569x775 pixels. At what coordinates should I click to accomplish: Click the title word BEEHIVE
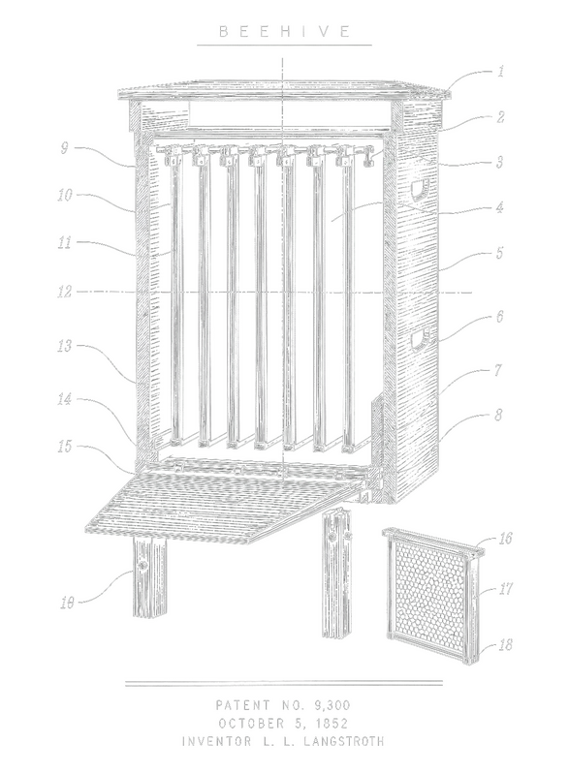[284, 32]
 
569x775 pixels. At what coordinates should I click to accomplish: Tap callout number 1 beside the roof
[500, 71]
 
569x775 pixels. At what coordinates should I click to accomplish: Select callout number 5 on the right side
[499, 253]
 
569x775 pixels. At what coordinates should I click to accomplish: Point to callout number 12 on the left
[65, 292]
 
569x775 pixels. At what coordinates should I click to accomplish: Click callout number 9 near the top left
[64, 148]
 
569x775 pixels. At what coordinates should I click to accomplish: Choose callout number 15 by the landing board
[65, 447]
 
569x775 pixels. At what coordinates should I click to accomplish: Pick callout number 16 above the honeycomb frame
[505, 538]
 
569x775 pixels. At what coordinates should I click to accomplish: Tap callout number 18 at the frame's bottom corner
[505, 644]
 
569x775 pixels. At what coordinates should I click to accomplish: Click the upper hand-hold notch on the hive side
[421, 190]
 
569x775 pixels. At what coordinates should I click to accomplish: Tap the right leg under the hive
[337, 574]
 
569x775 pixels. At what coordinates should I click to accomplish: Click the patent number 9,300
[332, 705]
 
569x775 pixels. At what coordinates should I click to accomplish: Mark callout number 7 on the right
[498, 370]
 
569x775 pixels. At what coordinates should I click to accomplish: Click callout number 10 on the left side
[65, 195]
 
